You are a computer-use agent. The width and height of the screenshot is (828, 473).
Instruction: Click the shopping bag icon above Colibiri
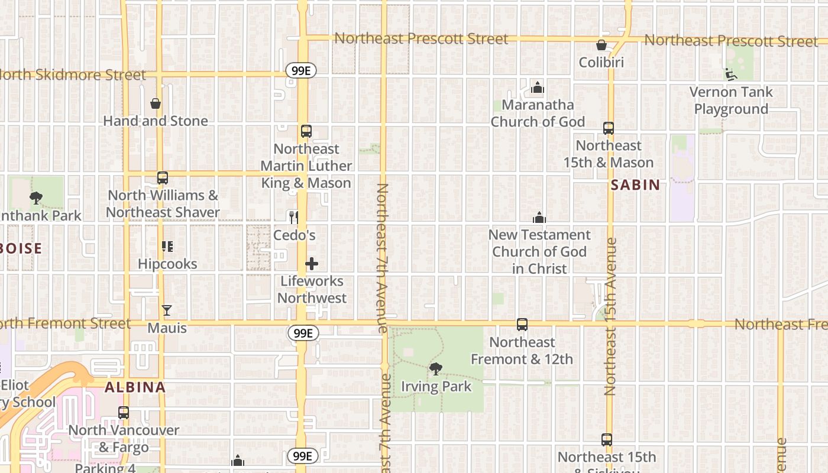(601, 45)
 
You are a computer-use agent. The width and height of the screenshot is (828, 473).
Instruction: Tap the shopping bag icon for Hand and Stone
(156, 104)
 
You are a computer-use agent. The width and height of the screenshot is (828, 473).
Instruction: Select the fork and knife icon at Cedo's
(293, 217)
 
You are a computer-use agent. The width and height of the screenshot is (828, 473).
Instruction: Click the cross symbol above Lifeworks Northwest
(312, 264)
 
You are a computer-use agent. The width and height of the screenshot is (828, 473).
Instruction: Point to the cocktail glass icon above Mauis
(167, 310)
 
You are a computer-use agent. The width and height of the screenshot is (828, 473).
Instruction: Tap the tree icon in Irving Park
(436, 369)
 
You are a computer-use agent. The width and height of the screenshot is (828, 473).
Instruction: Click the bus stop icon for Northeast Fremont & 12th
(522, 325)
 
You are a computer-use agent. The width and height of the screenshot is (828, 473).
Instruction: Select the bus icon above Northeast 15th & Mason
(608, 128)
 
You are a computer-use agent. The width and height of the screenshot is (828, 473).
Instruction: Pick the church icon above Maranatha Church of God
(537, 88)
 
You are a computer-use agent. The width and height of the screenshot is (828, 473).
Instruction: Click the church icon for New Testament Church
(539, 218)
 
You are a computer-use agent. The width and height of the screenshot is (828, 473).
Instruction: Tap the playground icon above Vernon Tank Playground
(731, 74)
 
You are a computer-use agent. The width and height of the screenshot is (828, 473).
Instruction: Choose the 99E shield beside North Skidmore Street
(301, 71)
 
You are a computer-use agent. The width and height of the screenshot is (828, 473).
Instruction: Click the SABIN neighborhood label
(635, 185)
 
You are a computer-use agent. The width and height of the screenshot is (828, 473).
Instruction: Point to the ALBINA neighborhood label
(135, 388)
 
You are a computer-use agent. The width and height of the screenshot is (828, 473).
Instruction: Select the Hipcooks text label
(167, 264)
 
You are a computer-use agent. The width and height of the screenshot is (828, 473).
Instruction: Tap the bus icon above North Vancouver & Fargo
(123, 413)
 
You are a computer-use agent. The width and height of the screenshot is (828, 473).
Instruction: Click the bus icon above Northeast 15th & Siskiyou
(606, 440)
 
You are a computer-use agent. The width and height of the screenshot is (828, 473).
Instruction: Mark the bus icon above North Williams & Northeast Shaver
(162, 178)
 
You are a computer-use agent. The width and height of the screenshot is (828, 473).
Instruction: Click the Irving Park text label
(436, 387)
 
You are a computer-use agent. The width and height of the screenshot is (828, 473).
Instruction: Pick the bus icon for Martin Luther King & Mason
(306, 131)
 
